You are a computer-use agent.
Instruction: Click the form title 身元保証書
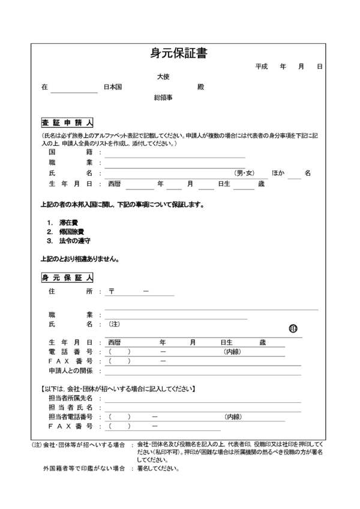(x=179, y=53)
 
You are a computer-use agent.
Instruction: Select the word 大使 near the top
(x=163, y=77)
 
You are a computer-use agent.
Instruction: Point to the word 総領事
(x=163, y=97)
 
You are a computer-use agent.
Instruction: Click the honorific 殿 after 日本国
(x=200, y=87)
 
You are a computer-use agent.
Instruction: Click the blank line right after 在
(x=74, y=88)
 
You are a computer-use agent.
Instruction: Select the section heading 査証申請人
(x=67, y=122)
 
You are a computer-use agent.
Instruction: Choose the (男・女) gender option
(x=245, y=173)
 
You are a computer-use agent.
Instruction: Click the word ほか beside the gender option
(x=278, y=173)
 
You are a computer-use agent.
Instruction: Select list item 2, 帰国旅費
(x=71, y=231)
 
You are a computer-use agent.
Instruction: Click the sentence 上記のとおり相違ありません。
(x=79, y=259)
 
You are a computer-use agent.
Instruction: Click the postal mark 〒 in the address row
(x=112, y=292)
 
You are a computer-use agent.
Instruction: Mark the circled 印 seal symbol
(x=293, y=328)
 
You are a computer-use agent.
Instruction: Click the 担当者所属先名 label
(x=70, y=398)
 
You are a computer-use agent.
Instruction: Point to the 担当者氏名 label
(x=70, y=407)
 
